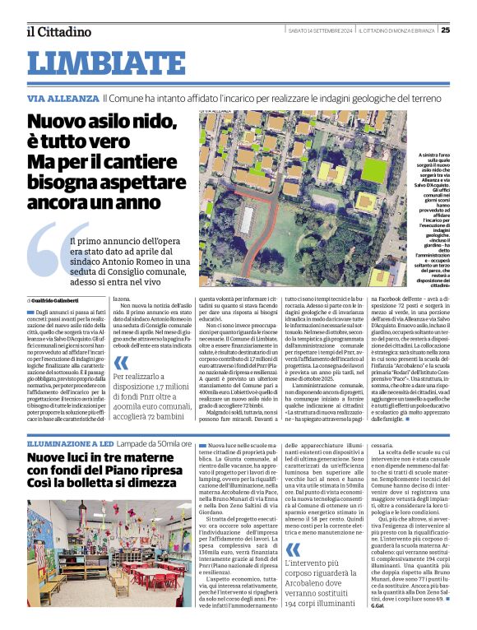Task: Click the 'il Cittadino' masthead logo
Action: coord(58,31)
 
